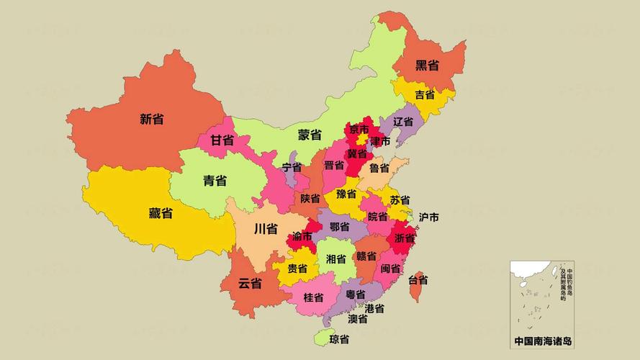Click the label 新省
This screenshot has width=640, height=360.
coord(151,119)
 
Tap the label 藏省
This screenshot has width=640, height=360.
coord(161,213)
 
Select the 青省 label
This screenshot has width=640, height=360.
coord(215,181)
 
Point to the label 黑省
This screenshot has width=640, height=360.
coord(427,66)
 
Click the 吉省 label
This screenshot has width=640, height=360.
coord(425,95)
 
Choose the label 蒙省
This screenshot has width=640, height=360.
coord(310,135)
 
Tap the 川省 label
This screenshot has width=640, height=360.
coord(266,230)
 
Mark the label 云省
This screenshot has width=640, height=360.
coord(250,283)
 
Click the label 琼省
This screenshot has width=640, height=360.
coord(339,339)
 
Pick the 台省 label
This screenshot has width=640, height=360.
coord(418,279)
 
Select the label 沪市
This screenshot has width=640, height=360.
coord(429,217)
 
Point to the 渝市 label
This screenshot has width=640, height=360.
coord(302,236)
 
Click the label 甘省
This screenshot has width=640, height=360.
coord(222,140)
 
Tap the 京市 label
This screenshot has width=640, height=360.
coord(359,130)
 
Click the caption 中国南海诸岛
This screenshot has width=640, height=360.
coord(544,341)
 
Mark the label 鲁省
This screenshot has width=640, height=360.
coord(379,168)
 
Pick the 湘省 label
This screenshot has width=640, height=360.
coord(335,258)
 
